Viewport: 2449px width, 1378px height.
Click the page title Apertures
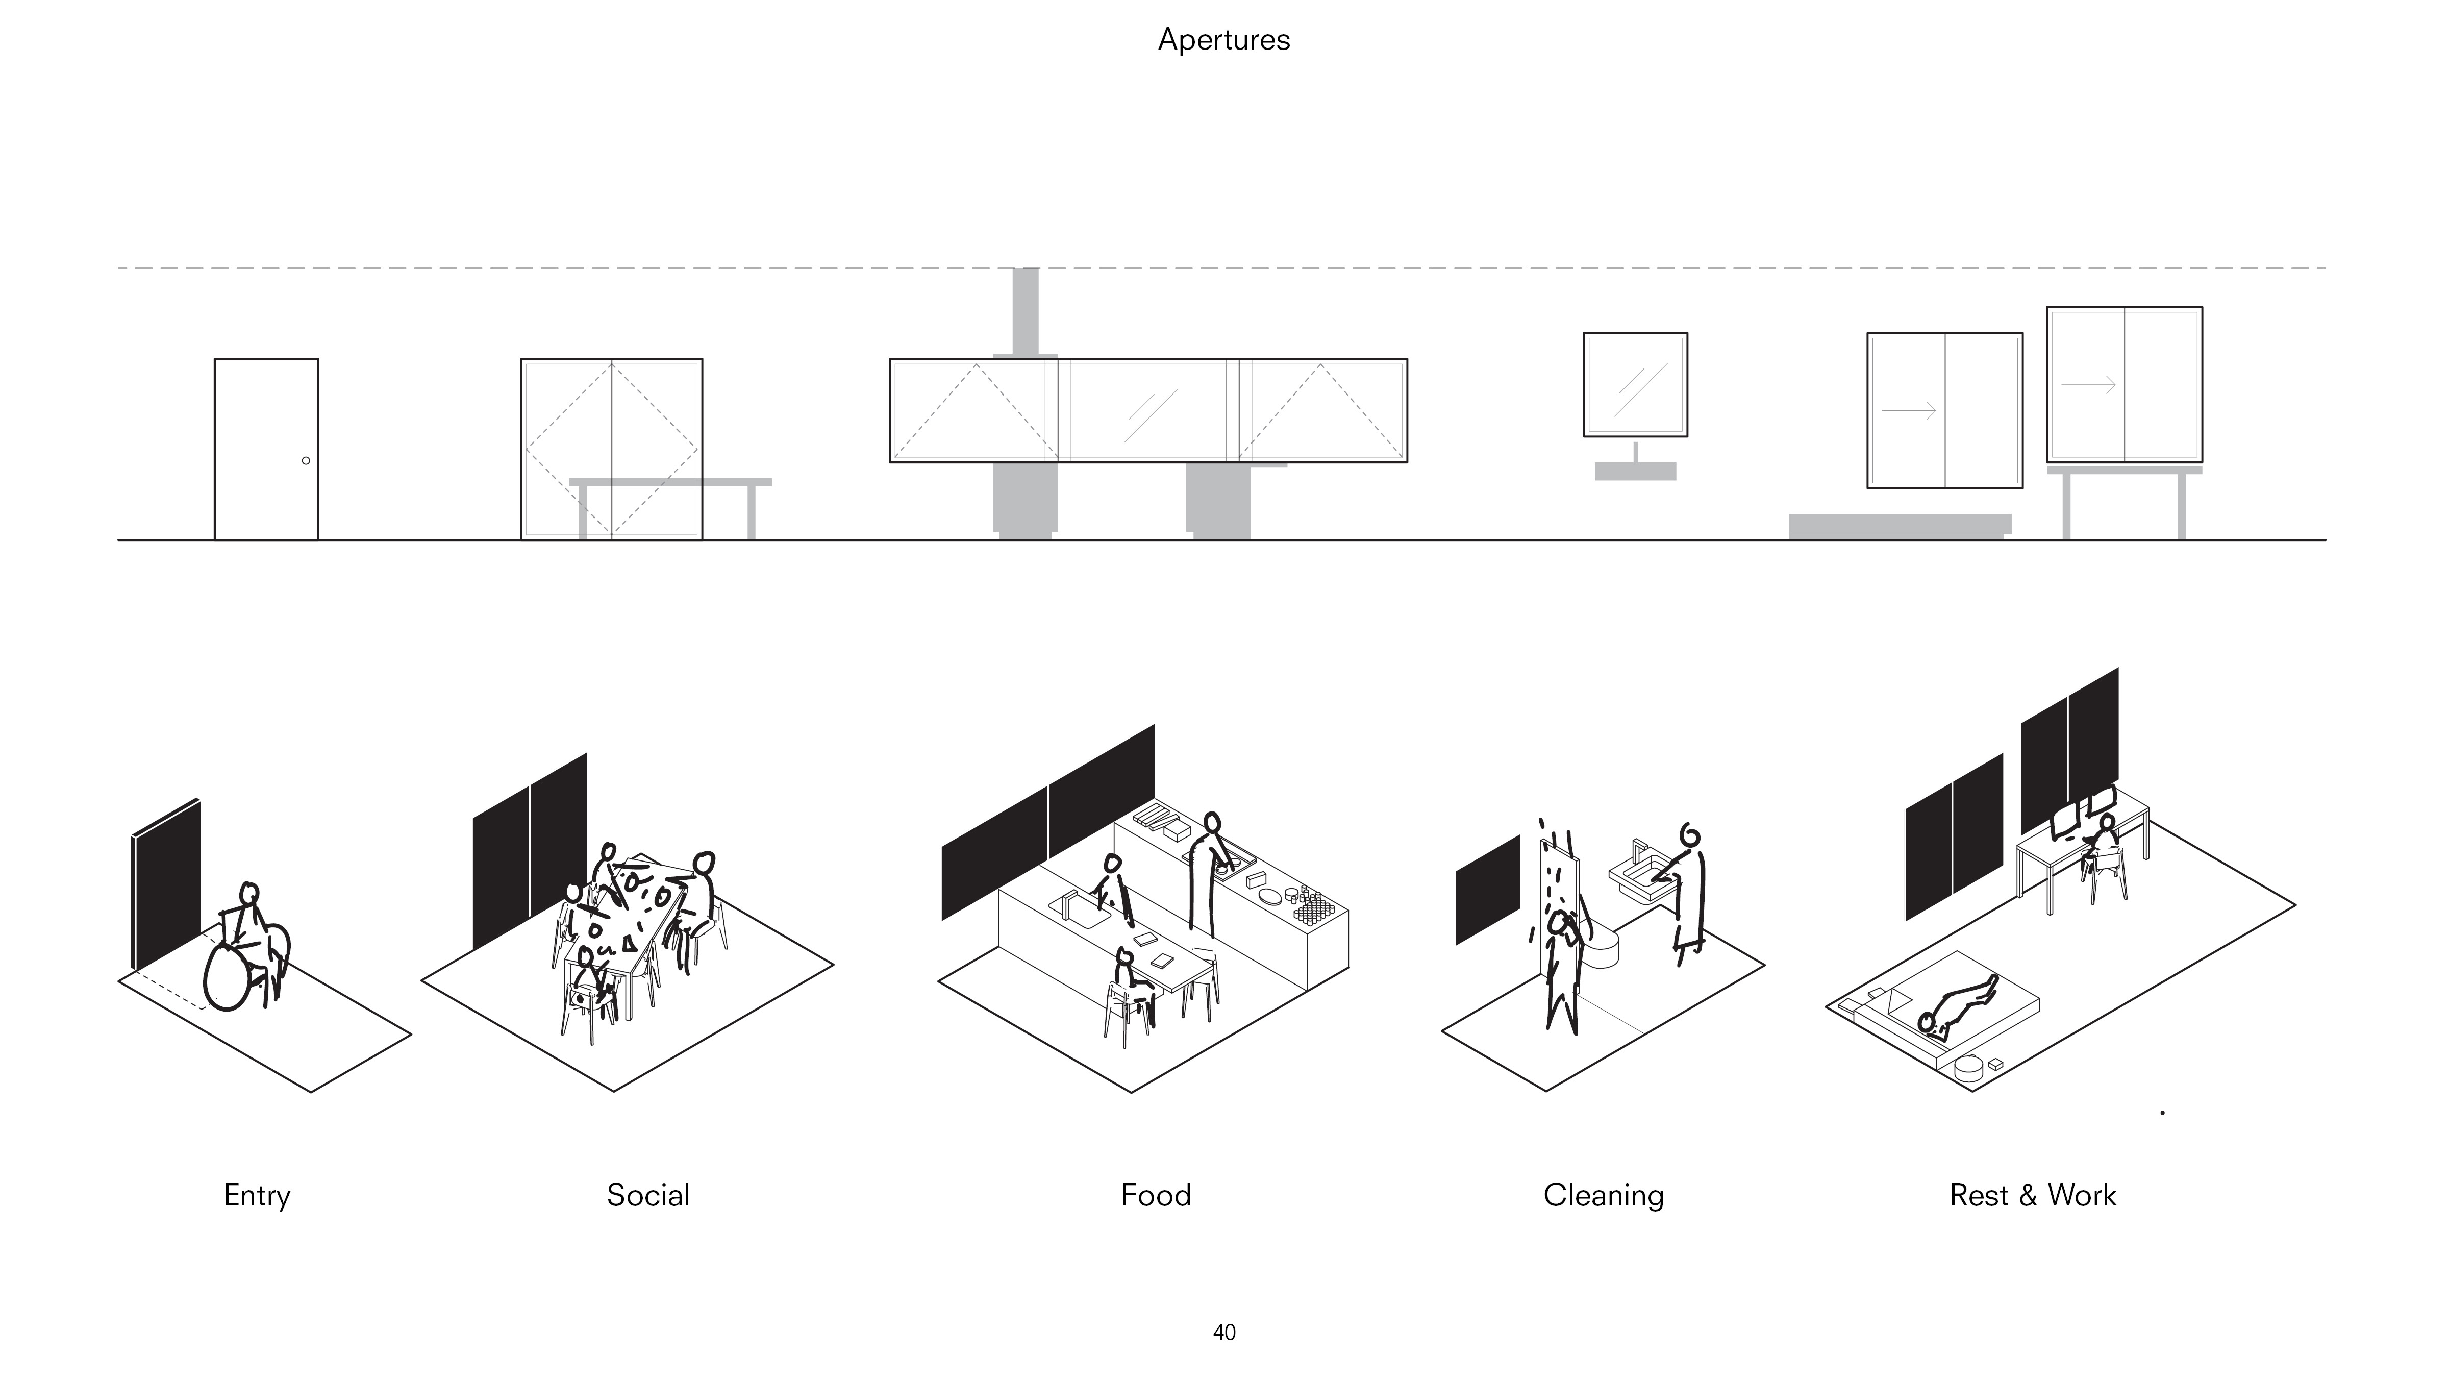(x=1223, y=40)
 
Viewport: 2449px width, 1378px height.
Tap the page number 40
(x=1223, y=1333)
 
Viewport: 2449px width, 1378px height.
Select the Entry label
(x=257, y=1195)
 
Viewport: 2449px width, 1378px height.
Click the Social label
(x=647, y=1195)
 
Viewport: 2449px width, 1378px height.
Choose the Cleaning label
(x=1603, y=1195)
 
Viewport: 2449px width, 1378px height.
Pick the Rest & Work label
(x=2033, y=1195)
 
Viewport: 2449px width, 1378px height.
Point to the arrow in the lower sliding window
(x=1909, y=411)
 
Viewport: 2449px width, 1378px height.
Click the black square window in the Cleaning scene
(x=1488, y=890)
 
